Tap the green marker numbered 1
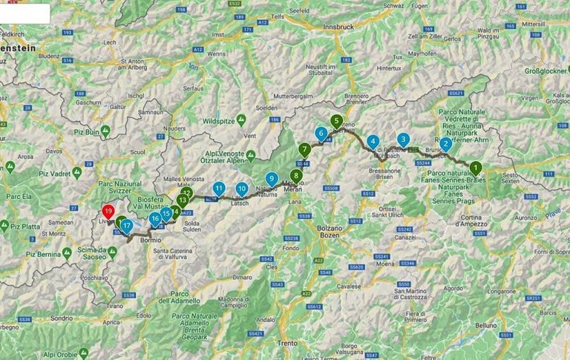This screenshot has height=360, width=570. click(475, 168)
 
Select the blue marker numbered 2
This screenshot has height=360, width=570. click(445, 144)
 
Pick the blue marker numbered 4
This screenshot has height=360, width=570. click(373, 141)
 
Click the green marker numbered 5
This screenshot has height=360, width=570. click(336, 120)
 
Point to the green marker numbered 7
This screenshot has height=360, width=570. click(305, 148)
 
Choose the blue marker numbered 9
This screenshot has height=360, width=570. click(272, 178)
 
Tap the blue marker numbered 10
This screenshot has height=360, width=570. click(241, 189)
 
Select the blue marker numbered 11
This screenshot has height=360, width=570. click(218, 189)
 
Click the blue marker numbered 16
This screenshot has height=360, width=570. click(155, 218)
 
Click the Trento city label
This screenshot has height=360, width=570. click(286, 343)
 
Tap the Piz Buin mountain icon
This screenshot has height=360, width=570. click(105, 131)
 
